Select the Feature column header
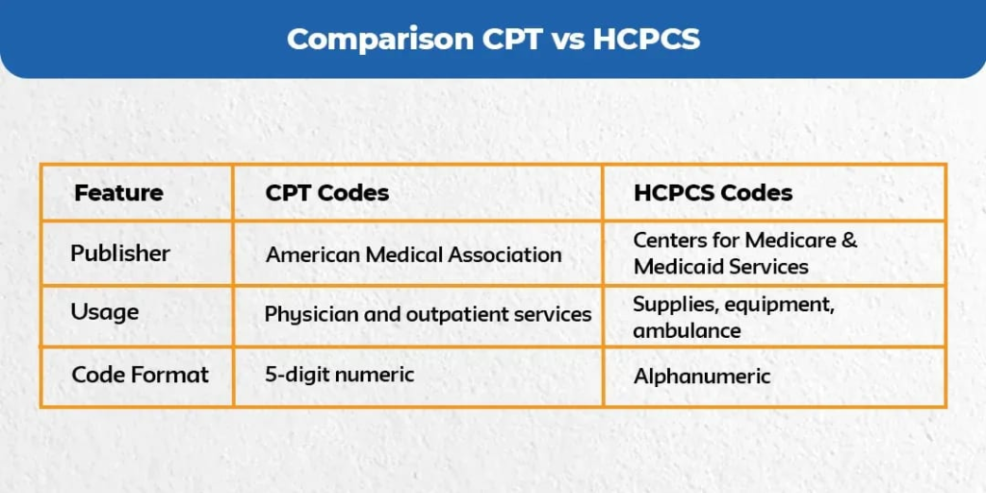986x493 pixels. click(118, 193)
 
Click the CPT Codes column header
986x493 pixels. click(327, 193)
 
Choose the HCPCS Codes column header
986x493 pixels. click(713, 193)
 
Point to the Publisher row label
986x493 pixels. click(120, 253)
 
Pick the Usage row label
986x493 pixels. click(104, 312)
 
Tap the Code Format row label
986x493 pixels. click(140, 374)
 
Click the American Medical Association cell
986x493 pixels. click(413, 255)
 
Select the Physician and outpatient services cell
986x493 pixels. click(428, 315)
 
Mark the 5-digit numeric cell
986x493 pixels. click(339, 374)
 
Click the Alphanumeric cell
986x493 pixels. click(702, 376)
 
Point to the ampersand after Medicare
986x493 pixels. click(848, 241)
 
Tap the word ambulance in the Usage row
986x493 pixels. click(687, 331)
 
